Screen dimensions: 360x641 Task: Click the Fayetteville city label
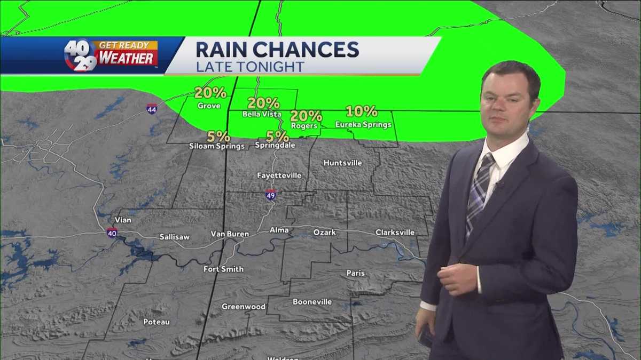pyautogui.click(x=279, y=175)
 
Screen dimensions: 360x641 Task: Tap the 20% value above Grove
pyautogui.click(x=210, y=93)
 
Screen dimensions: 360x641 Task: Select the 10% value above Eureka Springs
pyautogui.click(x=362, y=112)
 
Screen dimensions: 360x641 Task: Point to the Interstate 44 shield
pyautogui.click(x=152, y=109)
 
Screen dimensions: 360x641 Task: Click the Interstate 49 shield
pyautogui.click(x=271, y=195)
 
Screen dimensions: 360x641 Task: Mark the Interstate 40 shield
pyautogui.click(x=112, y=233)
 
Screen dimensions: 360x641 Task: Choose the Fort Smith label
pyautogui.click(x=223, y=269)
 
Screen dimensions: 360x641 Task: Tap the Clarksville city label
pyautogui.click(x=395, y=233)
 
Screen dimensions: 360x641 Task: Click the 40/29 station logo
pyautogui.click(x=80, y=55)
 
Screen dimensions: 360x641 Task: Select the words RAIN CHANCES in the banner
pyautogui.click(x=277, y=49)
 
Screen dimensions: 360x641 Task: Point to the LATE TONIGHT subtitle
pyautogui.click(x=249, y=67)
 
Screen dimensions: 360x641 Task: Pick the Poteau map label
pyautogui.click(x=157, y=322)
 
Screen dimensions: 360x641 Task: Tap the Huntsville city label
pyautogui.click(x=342, y=163)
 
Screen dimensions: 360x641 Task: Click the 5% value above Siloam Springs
pyautogui.click(x=218, y=137)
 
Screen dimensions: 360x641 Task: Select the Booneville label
pyautogui.click(x=312, y=302)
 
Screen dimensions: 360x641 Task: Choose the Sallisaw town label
pyautogui.click(x=174, y=237)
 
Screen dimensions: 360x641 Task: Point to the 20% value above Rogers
pyautogui.click(x=306, y=116)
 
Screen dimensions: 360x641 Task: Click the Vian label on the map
pyautogui.click(x=123, y=220)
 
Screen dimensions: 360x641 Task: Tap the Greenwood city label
pyautogui.click(x=244, y=307)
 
